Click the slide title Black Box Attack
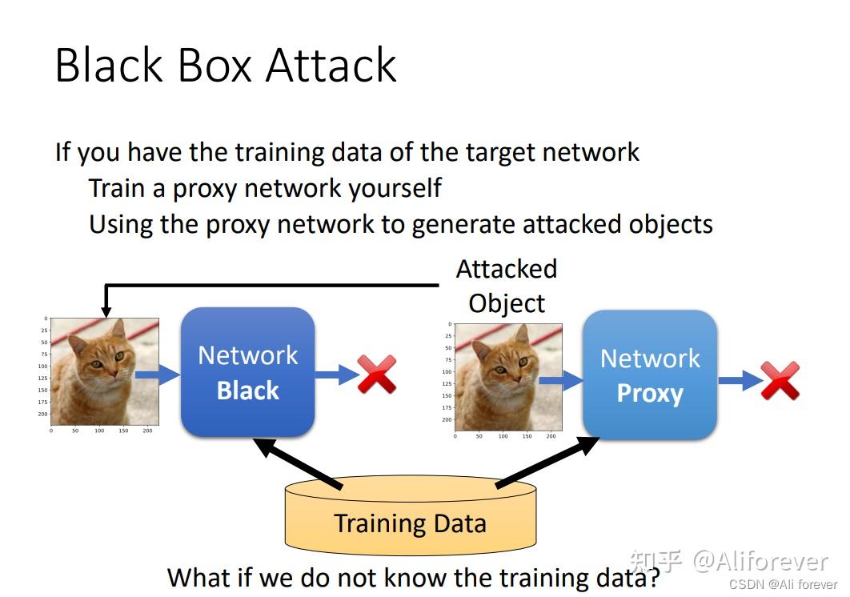pyautogui.click(x=226, y=65)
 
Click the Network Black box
pyautogui.click(x=248, y=373)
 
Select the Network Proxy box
pyautogui.click(x=649, y=375)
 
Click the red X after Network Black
pyautogui.click(x=377, y=374)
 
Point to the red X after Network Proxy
pyautogui.click(x=780, y=380)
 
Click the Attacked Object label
pyautogui.click(x=507, y=286)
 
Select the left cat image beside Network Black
pyautogui.click(x=104, y=371)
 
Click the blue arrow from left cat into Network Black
pyautogui.click(x=158, y=374)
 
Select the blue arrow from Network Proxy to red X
pyautogui.click(x=740, y=380)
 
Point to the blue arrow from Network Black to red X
pyautogui.click(x=336, y=374)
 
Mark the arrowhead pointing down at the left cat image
pyautogui.click(x=105, y=310)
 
